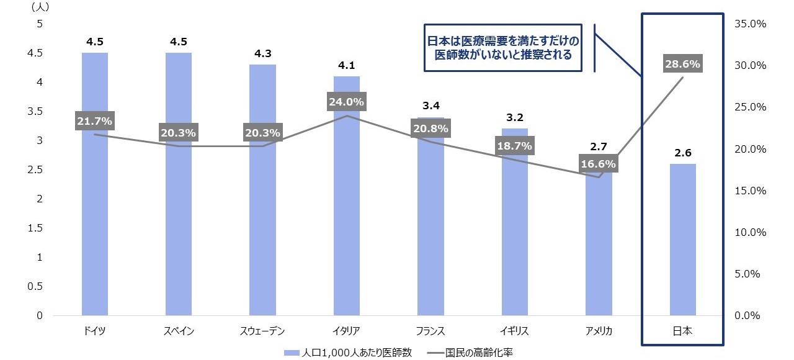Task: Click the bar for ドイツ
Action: pyautogui.click(x=94, y=217)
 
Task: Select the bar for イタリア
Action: pyautogui.click(x=346, y=217)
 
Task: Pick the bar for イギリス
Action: pyautogui.click(x=514, y=236)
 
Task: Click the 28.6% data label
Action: pyautogui.click(x=682, y=64)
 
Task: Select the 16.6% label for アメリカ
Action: pyautogui.click(x=599, y=164)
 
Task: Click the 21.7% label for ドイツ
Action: pyautogui.click(x=94, y=121)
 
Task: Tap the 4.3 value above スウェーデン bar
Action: pyautogui.click(x=262, y=53)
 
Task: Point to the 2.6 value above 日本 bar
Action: pyautogui.click(x=682, y=153)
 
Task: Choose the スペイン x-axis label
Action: pyautogui.click(x=179, y=331)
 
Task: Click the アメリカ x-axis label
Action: pyautogui.click(x=599, y=331)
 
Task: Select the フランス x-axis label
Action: pyautogui.click(x=430, y=331)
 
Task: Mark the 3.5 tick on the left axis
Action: pyautogui.click(x=35, y=112)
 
